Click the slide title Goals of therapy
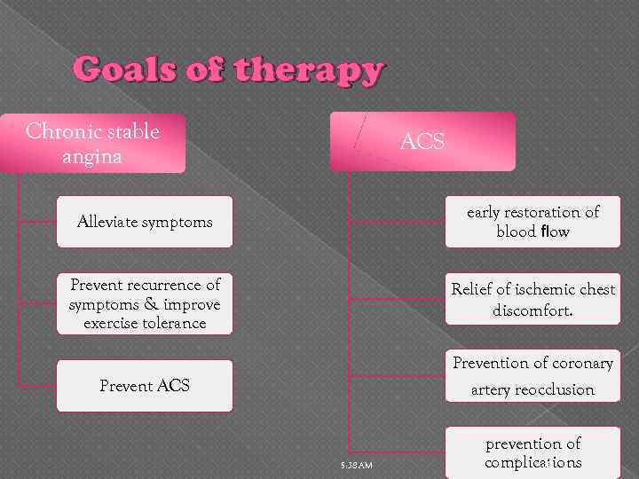229,69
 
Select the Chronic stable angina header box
93,143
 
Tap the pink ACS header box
422,141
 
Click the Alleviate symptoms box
145,222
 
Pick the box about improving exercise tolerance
145,303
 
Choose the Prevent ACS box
145,386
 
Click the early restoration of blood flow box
532,222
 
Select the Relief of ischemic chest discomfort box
532,301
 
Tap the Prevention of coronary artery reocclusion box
532,376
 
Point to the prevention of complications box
532,452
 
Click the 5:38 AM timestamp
357,466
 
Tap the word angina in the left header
93,156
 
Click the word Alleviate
111,222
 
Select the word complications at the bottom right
533,462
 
